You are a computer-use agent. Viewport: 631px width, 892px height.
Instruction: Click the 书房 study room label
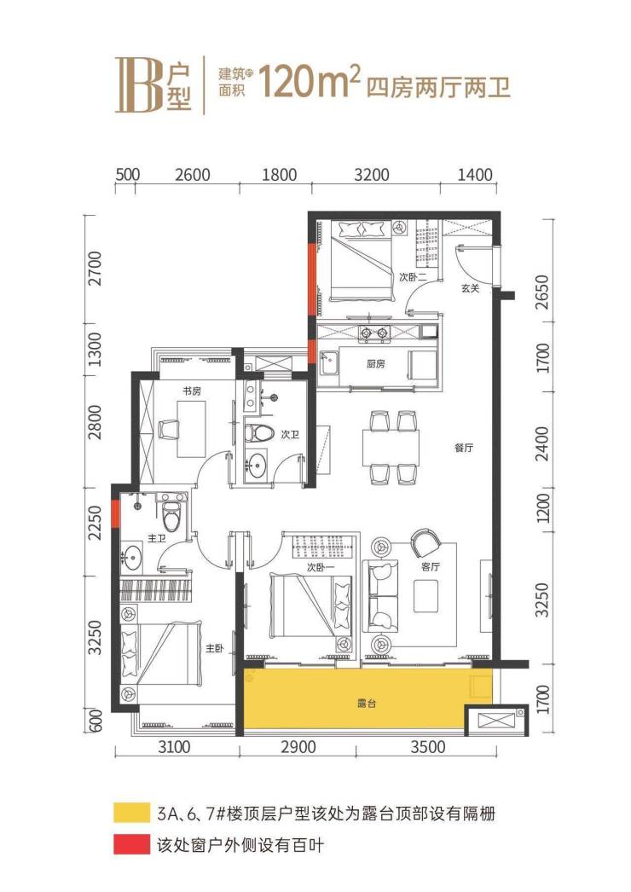192,391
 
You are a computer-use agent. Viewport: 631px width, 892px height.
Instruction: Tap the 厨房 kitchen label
375,363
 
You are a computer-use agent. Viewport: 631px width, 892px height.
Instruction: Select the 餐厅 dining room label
464,448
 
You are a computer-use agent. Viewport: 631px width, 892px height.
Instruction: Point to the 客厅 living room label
431,566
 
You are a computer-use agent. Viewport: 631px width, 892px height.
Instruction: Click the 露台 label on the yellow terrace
367,704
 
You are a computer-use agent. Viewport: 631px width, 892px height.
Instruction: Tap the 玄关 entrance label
470,288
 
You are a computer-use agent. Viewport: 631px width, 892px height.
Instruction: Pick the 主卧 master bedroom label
215,648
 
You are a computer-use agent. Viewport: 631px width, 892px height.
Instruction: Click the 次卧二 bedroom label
413,277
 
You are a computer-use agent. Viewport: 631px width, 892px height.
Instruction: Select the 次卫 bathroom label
290,435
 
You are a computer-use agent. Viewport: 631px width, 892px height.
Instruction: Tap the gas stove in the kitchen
373,333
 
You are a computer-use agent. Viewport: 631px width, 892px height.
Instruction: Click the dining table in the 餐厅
391,448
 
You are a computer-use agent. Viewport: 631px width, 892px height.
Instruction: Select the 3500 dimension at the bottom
428,746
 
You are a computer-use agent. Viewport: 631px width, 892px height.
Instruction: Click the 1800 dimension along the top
280,174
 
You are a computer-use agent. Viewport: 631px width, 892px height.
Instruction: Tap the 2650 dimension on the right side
543,293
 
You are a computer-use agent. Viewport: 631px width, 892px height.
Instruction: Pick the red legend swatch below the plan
131,845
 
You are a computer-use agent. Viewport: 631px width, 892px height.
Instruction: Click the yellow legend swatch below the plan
131,813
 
